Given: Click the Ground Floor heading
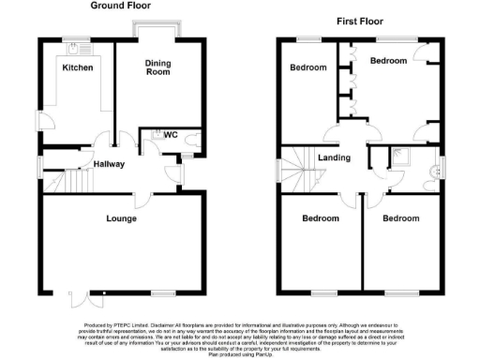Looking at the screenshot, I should (122, 6).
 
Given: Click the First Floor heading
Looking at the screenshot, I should (359, 21).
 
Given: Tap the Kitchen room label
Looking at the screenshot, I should (77, 68).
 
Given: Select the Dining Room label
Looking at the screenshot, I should (157, 67).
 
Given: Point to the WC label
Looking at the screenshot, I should (171, 135).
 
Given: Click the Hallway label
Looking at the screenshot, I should (109, 164).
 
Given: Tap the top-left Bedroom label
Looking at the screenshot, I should (307, 67).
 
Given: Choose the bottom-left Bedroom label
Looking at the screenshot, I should (320, 218).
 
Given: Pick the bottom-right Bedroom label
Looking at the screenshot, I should (400, 218).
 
